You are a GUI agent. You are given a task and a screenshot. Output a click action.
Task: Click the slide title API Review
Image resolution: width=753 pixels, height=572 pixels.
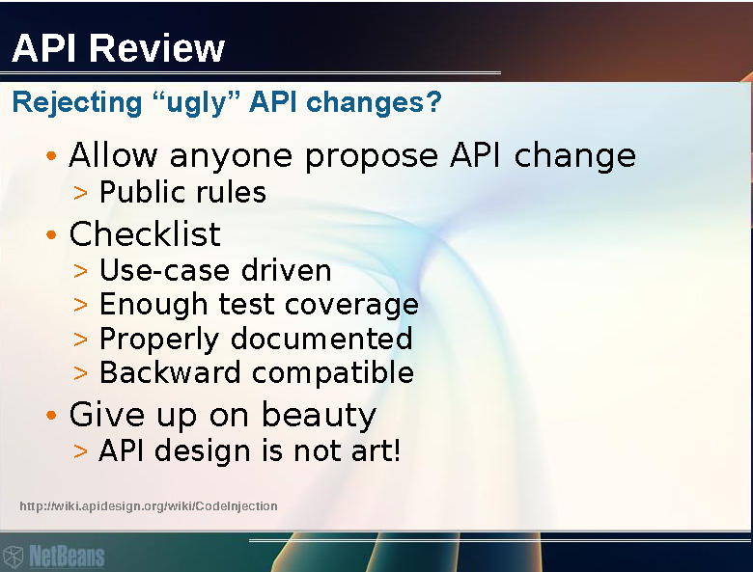click(118, 48)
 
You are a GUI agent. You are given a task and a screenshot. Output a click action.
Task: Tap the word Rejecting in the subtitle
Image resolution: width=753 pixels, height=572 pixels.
click(77, 102)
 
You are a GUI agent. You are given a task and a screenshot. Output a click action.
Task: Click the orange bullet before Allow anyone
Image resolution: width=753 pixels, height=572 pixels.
click(51, 155)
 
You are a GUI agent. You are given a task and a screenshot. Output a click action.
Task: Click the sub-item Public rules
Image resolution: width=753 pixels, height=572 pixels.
click(182, 192)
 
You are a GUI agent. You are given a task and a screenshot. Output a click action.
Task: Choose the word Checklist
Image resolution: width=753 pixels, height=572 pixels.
click(145, 234)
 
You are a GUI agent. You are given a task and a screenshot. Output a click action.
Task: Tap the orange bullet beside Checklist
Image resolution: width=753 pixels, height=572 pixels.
click(51, 234)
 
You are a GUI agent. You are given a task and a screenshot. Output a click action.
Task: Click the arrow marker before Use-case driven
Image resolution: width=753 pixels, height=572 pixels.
click(81, 271)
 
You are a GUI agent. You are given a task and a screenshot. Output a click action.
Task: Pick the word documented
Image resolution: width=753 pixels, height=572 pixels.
click(321, 338)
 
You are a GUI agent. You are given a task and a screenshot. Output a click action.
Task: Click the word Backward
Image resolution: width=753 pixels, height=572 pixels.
click(170, 372)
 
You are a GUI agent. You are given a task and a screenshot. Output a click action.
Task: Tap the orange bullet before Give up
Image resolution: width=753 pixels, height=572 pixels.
click(51, 415)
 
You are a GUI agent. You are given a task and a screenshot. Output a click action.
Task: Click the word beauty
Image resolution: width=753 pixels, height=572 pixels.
click(319, 416)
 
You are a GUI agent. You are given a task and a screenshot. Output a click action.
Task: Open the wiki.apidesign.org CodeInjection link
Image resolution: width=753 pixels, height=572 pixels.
click(149, 506)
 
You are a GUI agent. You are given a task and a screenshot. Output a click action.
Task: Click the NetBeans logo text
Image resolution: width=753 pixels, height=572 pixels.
click(67, 557)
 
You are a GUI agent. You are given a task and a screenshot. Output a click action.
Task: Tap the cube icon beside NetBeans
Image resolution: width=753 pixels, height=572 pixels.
click(13, 558)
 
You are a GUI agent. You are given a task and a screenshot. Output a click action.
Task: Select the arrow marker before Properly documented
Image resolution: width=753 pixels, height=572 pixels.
click(81, 340)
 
